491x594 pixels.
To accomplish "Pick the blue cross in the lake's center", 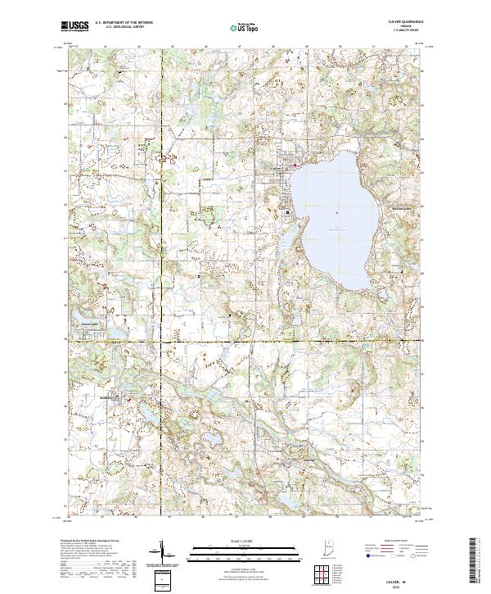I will [x=337, y=215].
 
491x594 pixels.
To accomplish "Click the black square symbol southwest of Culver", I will [x=287, y=211].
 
